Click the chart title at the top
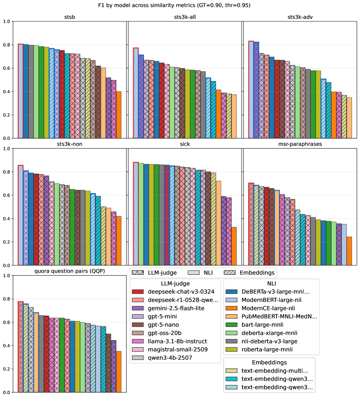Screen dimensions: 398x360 (x=179, y=5)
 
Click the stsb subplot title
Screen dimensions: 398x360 (x=70, y=18)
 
